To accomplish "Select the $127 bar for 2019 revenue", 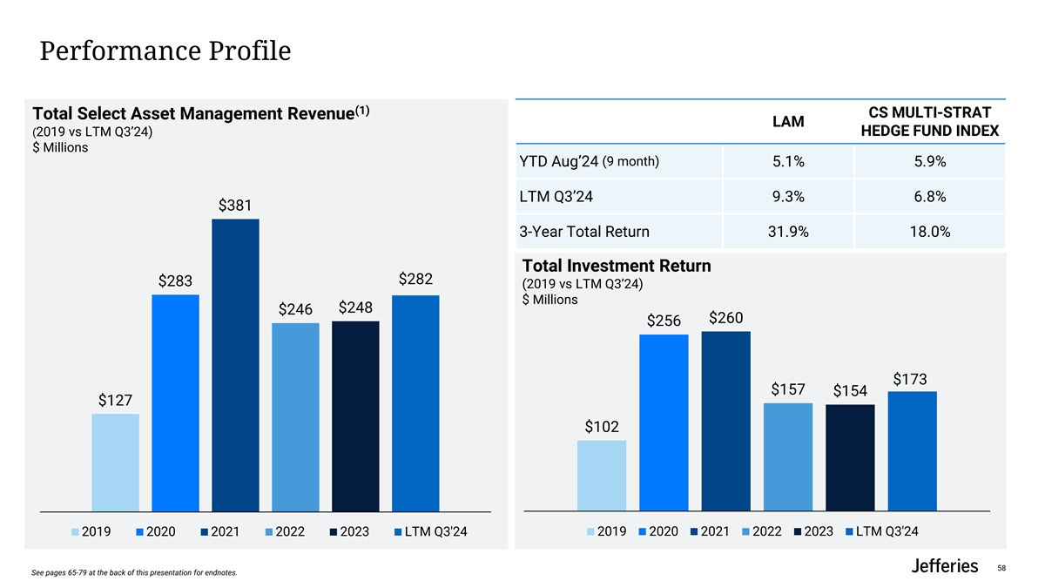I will click(x=115, y=462).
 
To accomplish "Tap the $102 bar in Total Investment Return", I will click(x=601, y=475).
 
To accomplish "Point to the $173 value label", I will click(x=911, y=379).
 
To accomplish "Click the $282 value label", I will click(x=416, y=279).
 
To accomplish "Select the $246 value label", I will click(x=295, y=310).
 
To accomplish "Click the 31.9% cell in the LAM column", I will click(x=788, y=233).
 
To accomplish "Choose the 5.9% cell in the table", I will click(x=929, y=162).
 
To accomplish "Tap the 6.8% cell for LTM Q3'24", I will click(x=929, y=197).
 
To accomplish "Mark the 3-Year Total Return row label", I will click(x=583, y=233).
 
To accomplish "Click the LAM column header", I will click(x=788, y=123).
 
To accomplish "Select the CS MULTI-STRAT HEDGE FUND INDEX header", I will click(x=929, y=123).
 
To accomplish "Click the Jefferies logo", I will click(x=944, y=566).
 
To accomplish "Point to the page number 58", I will click(x=1001, y=568).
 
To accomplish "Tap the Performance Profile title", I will click(x=165, y=52).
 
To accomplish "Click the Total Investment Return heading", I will click(x=617, y=266).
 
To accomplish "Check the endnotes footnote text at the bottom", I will click(x=133, y=572).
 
